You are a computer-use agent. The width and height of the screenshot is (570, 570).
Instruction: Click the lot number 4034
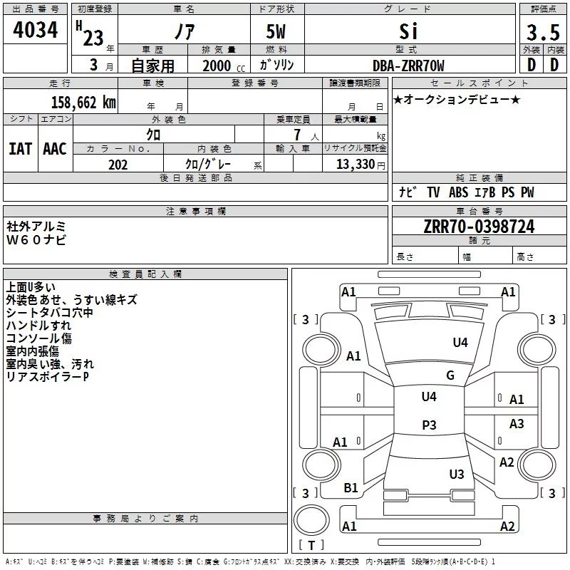click(35, 30)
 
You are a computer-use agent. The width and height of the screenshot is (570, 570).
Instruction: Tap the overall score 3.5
click(543, 33)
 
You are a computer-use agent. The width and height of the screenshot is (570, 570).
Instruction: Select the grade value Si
click(408, 31)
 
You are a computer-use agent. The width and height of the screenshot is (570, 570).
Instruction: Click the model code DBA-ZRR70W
click(408, 66)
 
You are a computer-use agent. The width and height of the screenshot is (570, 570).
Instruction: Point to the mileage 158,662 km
click(83, 102)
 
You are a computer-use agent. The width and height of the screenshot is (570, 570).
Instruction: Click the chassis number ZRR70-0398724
click(479, 227)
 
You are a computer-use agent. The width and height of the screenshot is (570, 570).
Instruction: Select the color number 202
click(118, 165)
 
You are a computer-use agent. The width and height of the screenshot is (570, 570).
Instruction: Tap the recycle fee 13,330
click(355, 165)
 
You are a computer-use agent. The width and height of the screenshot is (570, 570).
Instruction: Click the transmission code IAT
click(21, 149)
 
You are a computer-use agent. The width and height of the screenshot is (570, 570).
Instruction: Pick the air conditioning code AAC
click(55, 149)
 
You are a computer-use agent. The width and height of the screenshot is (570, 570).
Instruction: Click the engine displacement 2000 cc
click(224, 66)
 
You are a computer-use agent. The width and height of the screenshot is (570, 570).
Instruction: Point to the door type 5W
click(276, 31)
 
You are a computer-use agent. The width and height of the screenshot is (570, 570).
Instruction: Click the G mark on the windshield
click(450, 375)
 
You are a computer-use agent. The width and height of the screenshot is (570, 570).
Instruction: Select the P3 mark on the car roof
click(429, 425)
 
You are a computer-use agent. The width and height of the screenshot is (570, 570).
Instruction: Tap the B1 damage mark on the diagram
click(351, 487)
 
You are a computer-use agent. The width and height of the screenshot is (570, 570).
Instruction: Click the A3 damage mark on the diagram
click(517, 423)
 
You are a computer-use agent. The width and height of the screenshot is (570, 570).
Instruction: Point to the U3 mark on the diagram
click(457, 474)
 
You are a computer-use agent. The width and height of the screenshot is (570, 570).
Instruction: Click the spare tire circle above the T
click(311, 520)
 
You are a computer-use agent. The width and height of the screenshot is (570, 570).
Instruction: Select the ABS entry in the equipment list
click(458, 192)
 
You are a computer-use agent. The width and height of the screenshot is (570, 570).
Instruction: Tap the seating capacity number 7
click(297, 135)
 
